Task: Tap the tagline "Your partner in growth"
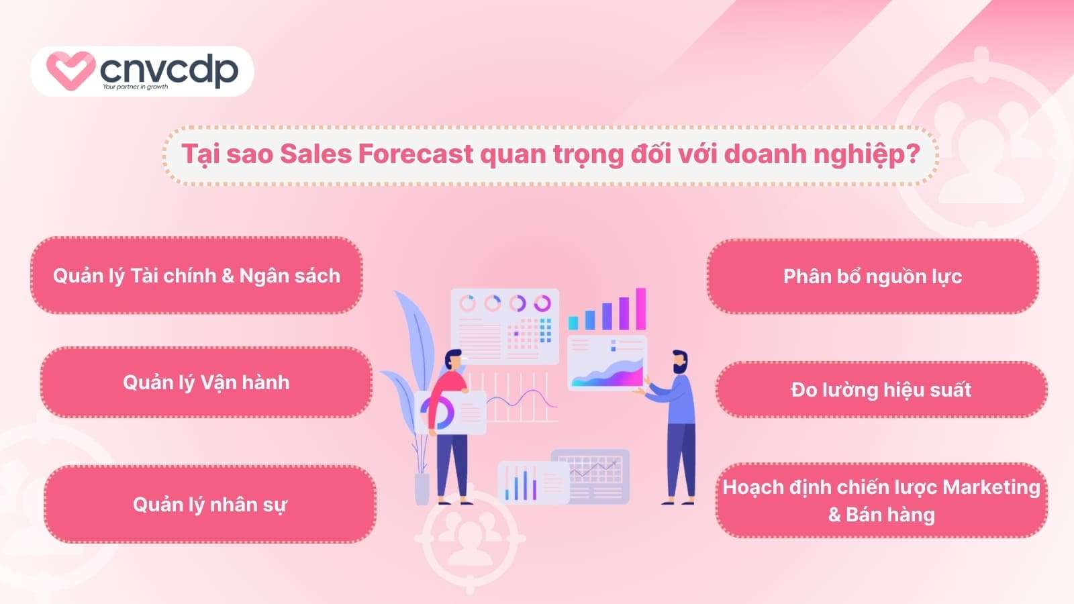point(135,87)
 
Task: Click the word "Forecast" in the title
point(416,154)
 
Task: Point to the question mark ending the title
point(912,154)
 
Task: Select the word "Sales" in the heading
point(315,154)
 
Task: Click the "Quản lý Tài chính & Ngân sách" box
point(197,276)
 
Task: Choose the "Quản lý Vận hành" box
point(206,383)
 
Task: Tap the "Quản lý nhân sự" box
point(209,504)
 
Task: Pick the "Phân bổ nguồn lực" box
point(873,276)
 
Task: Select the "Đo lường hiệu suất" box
point(881,390)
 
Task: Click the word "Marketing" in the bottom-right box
point(991,487)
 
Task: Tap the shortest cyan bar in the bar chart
point(573,322)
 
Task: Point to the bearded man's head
point(679,362)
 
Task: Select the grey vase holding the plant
point(422,489)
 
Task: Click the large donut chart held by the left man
point(438,412)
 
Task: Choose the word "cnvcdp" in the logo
point(169,69)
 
